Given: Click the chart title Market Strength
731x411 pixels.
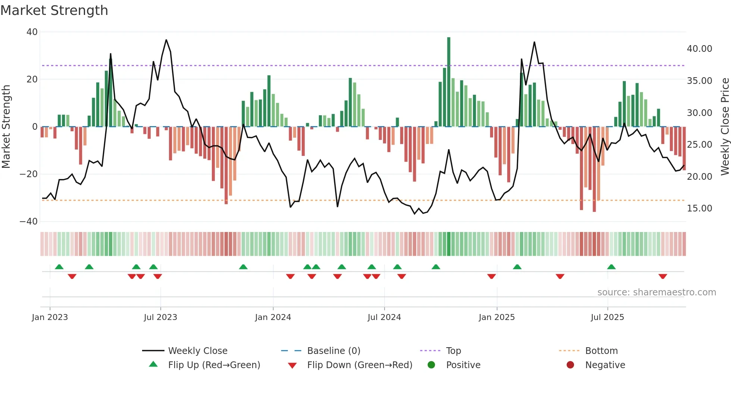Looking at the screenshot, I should click(54, 10).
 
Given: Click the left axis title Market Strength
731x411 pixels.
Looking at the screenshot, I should click(6, 126).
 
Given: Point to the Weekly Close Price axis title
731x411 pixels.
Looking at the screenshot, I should click(725, 126).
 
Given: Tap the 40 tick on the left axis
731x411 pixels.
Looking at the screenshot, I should click(32, 32).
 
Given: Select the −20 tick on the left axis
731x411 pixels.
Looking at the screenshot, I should click(29, 174).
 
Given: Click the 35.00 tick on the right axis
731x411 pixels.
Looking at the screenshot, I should click(699, 81).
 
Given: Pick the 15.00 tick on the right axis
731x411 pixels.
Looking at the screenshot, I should click(699, 208).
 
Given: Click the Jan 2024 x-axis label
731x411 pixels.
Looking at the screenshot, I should click(273, 317).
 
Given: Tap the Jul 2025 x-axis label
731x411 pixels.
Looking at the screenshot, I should click(607, 317).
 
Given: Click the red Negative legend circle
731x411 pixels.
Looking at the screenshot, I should click(570, 365).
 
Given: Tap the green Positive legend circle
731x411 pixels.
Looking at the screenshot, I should click(431, 365).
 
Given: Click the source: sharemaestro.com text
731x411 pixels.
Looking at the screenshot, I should click(656, 292).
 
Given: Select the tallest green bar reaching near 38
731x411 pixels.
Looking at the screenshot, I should click(449, 82).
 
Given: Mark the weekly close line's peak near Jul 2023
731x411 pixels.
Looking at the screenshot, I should click(166, 40).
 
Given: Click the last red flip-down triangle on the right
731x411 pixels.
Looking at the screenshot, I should click(663, 276).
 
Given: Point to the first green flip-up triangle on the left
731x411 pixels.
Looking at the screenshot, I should click(59, 267).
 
